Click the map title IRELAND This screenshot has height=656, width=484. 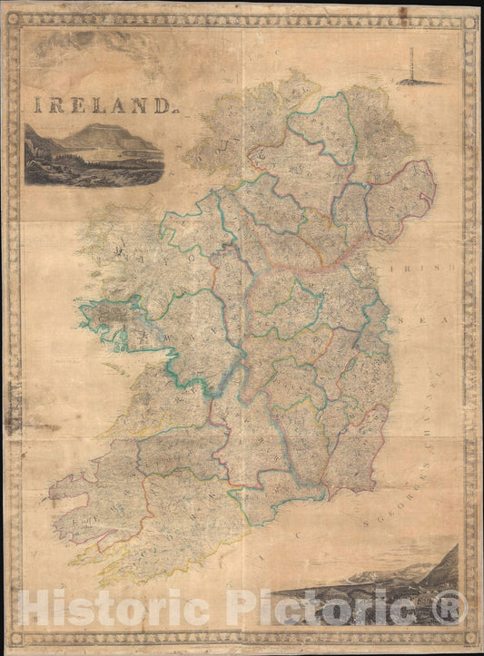pos(103,105)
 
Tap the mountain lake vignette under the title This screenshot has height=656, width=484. pos(94,155)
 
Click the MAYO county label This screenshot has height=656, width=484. pos(145,253)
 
